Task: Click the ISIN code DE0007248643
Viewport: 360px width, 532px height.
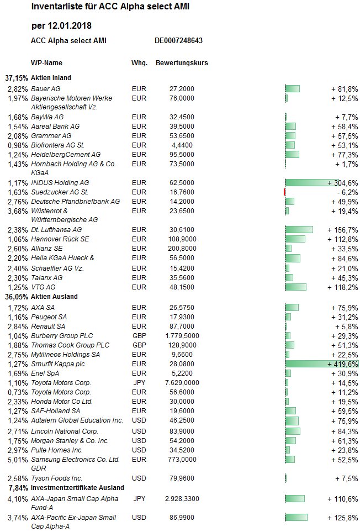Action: point(179,41)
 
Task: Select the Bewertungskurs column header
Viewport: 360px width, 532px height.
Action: point(182,63)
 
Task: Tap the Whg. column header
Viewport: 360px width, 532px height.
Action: point(139,63)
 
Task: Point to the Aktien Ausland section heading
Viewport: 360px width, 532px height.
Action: point(54,297)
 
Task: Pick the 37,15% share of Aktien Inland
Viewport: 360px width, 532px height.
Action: point(16,78)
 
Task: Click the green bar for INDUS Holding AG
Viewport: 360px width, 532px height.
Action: point(312,183)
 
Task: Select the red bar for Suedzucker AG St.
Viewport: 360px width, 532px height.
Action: point(284,192)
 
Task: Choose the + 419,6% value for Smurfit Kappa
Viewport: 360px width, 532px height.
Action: point(343,365)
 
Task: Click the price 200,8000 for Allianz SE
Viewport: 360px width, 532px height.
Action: point(182,249)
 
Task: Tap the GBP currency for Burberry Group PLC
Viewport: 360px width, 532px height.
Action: point(139,335)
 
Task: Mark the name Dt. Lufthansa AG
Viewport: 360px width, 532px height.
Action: point(56,230)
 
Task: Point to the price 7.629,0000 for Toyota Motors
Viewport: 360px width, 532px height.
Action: point(182,383)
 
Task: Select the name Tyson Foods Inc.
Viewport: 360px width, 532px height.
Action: point(57,478)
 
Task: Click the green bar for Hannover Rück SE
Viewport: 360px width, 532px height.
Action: point(295,239)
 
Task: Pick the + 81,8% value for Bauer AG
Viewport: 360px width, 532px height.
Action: point(345,89)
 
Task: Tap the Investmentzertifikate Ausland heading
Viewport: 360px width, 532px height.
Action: point(77,488)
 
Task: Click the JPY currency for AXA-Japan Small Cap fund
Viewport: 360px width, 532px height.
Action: point(139,499)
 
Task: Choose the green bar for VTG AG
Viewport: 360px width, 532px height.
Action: point(295,287)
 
